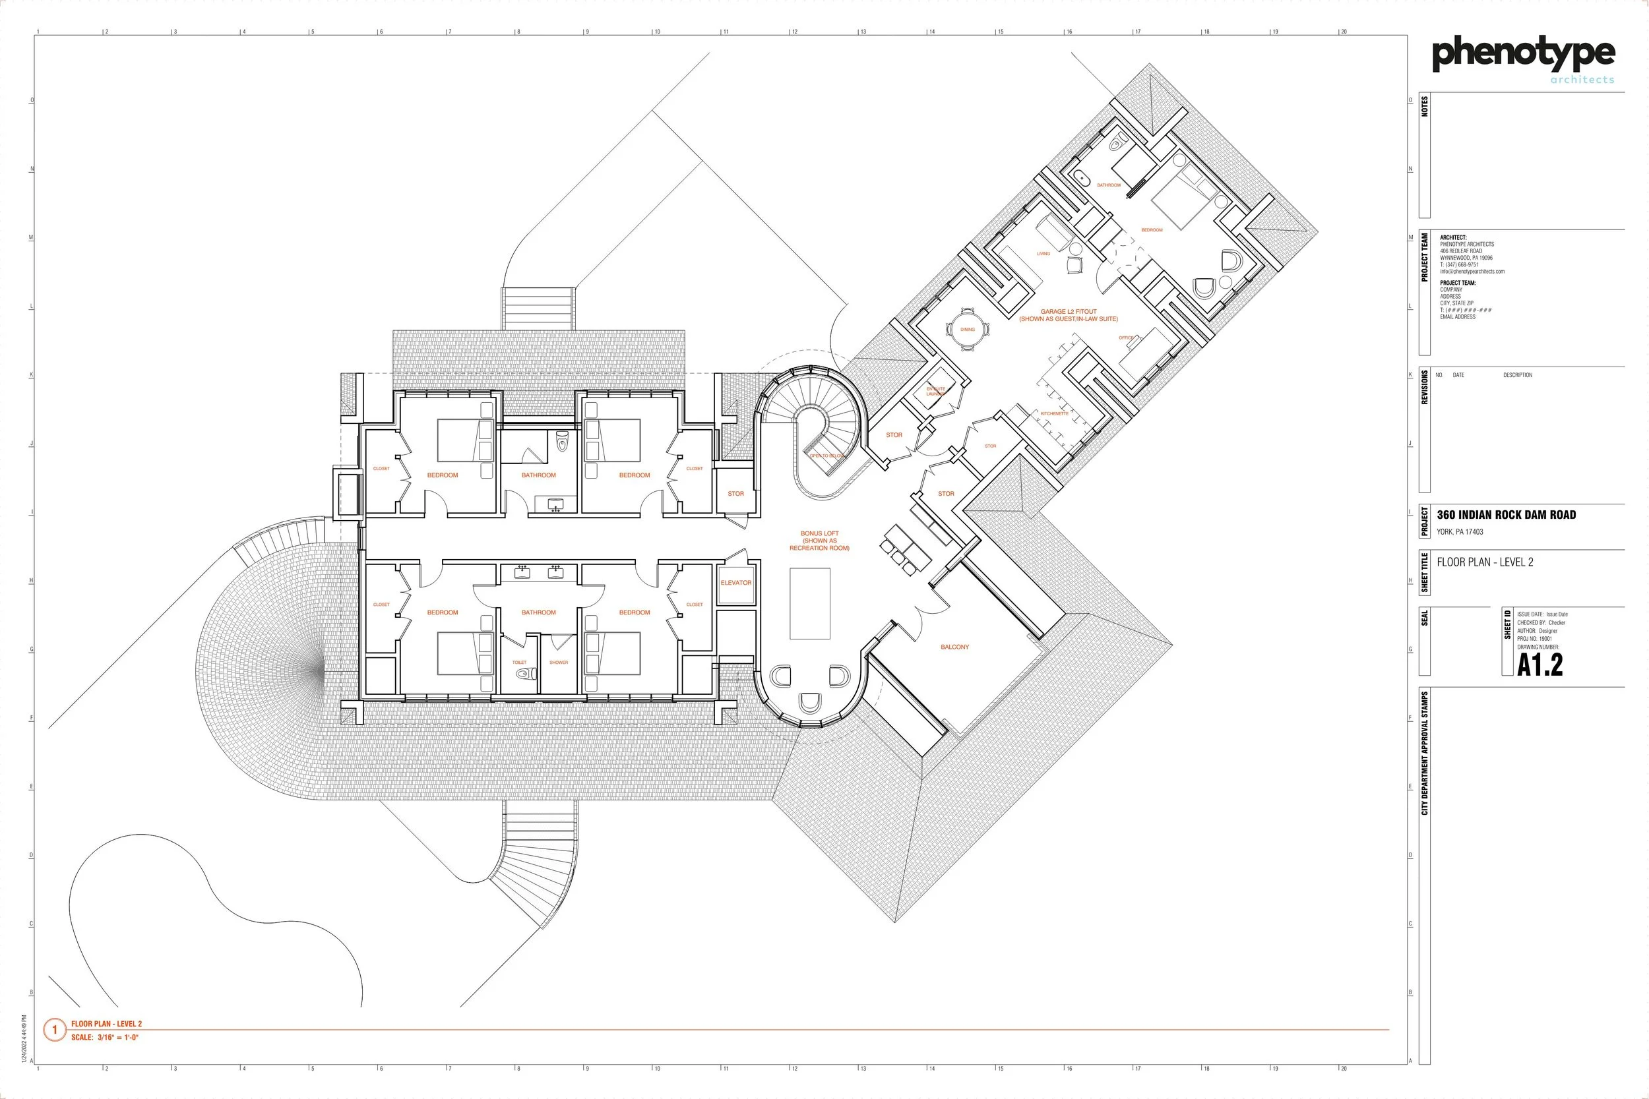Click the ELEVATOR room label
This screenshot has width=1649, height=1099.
735,582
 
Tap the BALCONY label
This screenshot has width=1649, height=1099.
954,647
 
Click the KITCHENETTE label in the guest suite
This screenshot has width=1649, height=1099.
1054,413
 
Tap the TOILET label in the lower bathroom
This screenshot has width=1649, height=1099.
519,663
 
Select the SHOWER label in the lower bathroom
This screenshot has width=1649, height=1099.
559,663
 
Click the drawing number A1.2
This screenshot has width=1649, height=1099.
1540,665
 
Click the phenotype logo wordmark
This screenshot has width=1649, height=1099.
1523,55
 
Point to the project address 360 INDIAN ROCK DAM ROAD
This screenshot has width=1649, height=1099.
1506,514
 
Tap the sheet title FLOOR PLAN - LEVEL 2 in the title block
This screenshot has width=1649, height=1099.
1485,562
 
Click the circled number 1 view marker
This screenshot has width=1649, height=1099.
55,1030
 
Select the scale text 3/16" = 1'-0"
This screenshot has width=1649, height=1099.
117,1037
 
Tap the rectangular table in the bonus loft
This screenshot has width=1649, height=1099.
810,603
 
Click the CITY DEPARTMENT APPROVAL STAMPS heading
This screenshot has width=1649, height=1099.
1425,753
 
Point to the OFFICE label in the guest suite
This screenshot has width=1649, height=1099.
1125,338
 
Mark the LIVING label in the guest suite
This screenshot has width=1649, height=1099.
1043,254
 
